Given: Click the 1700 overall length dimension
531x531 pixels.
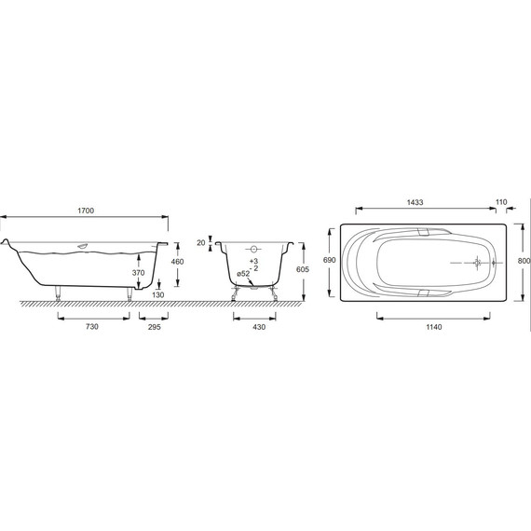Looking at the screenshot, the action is pos(86,211).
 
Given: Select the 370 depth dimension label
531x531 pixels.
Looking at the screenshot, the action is pos(138,273).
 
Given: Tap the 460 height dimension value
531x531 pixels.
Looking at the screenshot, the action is pos(177,262).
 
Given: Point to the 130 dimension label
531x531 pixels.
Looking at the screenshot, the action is pos(158,295).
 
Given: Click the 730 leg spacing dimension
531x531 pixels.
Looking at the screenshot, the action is pos(92,327).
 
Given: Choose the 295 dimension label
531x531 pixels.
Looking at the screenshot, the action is pos(155,327).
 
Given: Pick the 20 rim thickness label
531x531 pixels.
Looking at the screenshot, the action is pos(201,243).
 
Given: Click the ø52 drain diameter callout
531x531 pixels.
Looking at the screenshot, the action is pos(243,274).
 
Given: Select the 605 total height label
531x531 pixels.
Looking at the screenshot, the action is pos(303,269).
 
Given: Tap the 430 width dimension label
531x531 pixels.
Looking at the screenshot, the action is pos(259,327).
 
